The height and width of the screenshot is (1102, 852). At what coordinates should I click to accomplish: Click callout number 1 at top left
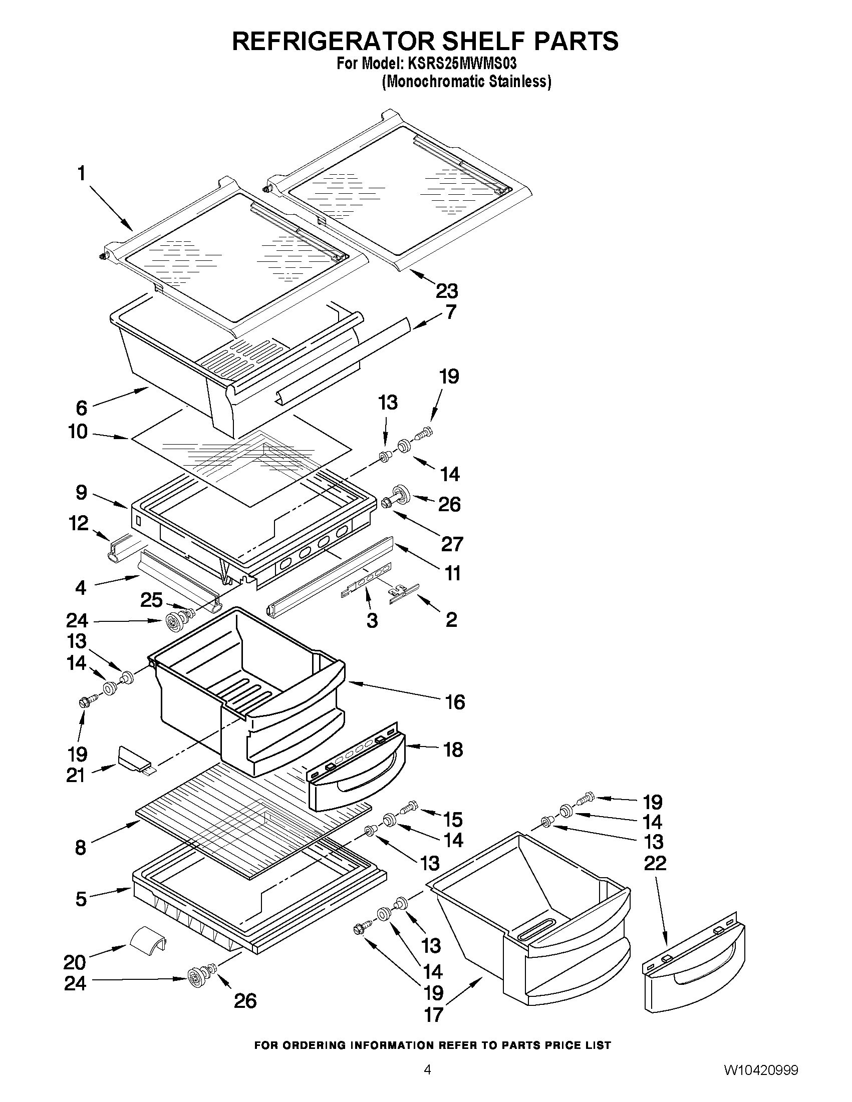[x=81, y=174]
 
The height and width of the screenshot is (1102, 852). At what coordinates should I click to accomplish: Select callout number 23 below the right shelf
[x=446, y=291]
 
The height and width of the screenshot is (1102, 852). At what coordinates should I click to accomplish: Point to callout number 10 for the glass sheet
[x=78, y=432]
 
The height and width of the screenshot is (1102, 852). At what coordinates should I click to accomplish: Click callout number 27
[x=452, y=544]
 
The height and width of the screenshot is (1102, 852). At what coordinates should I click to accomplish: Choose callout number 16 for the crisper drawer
[x=455, y=702]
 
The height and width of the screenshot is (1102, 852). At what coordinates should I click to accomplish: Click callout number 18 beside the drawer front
[x=453, y=750]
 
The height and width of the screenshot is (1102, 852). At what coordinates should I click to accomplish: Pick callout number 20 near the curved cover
[x=75, y=963]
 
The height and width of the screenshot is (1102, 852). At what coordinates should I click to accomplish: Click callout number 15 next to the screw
[x=453, y=820]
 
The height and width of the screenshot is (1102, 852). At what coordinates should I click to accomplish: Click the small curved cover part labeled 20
[x=148, y=942]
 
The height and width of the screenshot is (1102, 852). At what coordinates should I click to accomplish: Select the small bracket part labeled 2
[x=404, y=594]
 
